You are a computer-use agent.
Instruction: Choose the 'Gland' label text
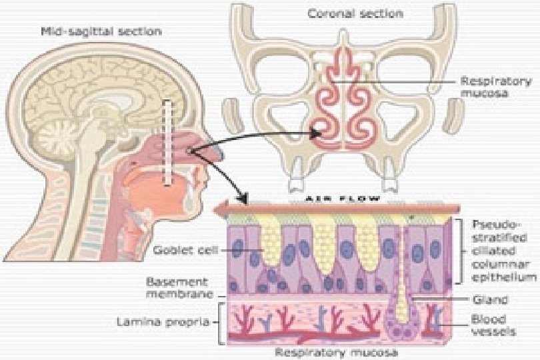click(x=485, y=299)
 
